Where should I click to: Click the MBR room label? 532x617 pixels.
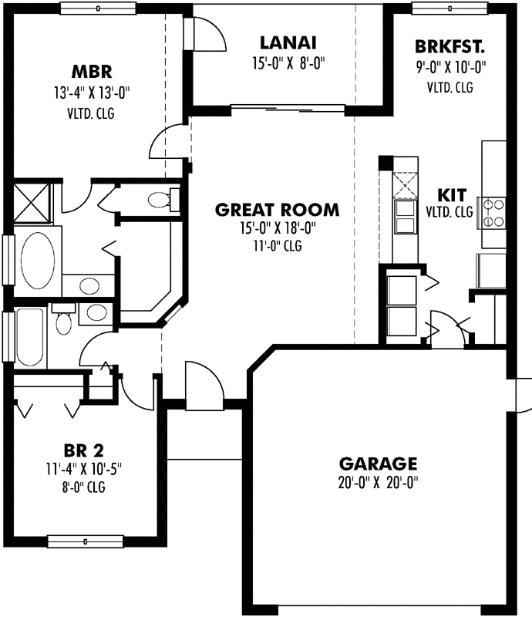(x=93, y=73)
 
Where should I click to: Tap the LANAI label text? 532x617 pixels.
(x=288, y=42)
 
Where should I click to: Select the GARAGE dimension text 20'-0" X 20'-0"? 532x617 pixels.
(x=378, y=483)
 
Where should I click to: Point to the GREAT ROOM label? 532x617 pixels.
(x=277, y=210)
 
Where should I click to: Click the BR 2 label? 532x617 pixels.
(x=83, y=450)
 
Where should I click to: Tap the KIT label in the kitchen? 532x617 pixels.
(x=450, y=193)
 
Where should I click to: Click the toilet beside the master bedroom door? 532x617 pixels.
(x=161, y=200)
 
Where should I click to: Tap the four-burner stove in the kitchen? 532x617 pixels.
(x=493, y=212)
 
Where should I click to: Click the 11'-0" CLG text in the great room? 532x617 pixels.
(x=277, y=246)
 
